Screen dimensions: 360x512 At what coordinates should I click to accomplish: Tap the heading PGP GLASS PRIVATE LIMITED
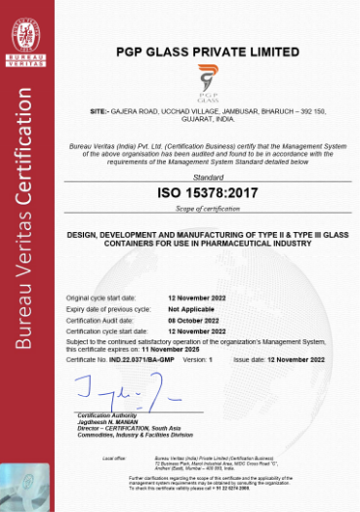(208, 50)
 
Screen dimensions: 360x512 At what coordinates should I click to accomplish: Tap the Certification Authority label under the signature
(105, 415)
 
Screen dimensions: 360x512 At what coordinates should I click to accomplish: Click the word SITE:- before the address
(100, 112)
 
